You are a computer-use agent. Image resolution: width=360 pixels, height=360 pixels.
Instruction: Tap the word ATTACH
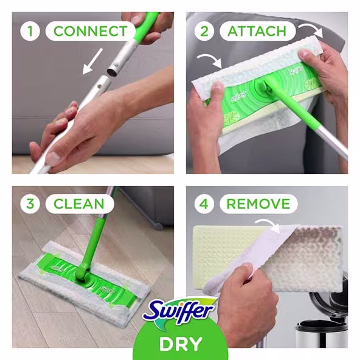(x=257, y=31)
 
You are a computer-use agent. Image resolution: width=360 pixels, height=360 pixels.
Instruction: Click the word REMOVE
(x=258, y=204)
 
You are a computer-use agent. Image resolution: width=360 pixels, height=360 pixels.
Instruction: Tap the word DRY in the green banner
(x=180, y=344)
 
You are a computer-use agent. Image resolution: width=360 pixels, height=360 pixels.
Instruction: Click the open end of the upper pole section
(x=113, y=72)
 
